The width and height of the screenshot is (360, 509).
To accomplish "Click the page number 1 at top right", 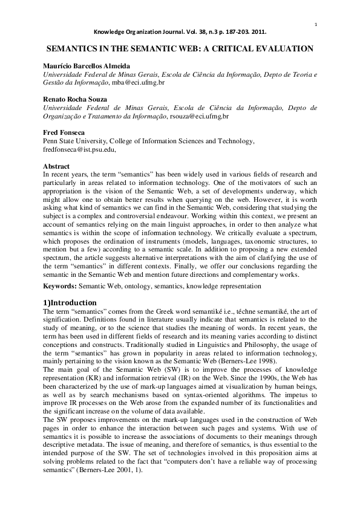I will coord(316,24).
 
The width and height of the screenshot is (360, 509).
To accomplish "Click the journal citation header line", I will coord(180,34).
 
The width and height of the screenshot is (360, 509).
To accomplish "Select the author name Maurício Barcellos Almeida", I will coord(86,65).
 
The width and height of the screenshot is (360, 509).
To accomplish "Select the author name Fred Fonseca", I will coord(64,133).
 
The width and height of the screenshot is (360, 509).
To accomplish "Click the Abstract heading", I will coord(56,166).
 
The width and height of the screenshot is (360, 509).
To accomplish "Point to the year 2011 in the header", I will coord(258,34).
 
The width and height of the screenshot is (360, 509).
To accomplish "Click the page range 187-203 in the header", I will coord(234,34).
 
